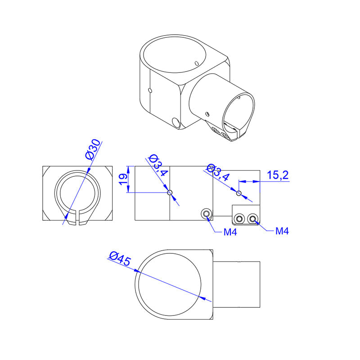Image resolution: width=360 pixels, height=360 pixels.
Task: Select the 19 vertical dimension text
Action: pos(122,179)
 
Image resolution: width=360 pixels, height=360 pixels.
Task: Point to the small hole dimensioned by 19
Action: pos(170,193)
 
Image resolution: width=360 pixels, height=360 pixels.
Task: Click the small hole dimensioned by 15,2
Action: pos(239,193)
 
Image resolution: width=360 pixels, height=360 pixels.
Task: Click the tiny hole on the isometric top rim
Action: pos(197,62)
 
